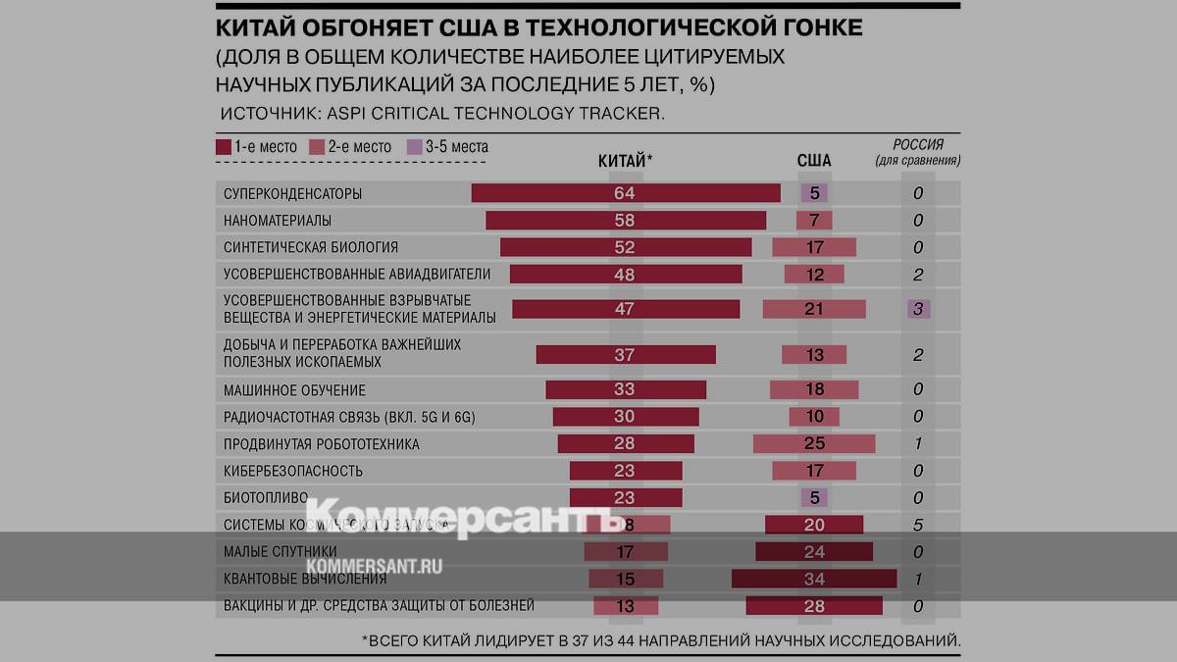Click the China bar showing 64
[625, 193]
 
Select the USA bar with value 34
[814, 579]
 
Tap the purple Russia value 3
[918, 309]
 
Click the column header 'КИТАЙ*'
[625, 160]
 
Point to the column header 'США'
[814, 160]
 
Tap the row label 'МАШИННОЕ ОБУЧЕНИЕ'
[281, 390]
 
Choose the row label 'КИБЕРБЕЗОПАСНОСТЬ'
[280, 471]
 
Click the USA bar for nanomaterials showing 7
[814, 221]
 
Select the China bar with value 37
[625, 355]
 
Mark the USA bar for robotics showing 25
[814, 444]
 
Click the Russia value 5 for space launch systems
[918, 525]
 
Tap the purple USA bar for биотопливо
[814, 497]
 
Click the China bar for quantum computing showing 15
[625, 579]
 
